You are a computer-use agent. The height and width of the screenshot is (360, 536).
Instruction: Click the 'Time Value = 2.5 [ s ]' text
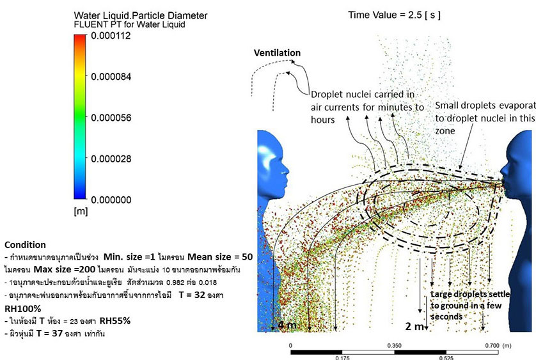403,13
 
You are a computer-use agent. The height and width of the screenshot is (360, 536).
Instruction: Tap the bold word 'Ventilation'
277,52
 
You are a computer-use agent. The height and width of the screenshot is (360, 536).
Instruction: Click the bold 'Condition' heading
25,244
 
